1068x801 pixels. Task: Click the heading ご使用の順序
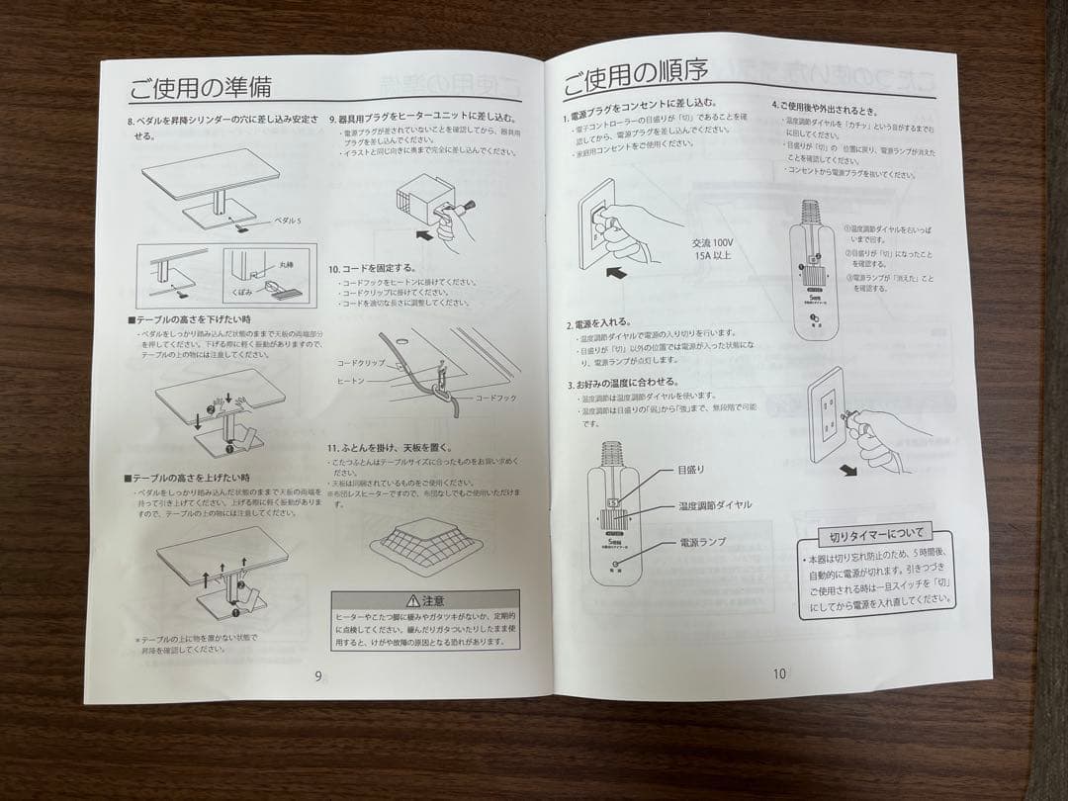click(x=635, y=76)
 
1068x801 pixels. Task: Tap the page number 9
click(x=317, y=676)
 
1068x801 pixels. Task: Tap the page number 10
click(x=779, y=673)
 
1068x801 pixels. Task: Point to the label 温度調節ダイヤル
click(x=714, y=505)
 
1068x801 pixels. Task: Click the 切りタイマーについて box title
click(x=874, y=535)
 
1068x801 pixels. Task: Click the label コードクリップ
click(x=360, y=363)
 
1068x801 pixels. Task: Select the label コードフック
click(x=495, y=397)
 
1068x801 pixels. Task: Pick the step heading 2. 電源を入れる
click(x=605, y=323)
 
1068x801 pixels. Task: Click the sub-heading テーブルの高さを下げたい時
click(x=189, y=319)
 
